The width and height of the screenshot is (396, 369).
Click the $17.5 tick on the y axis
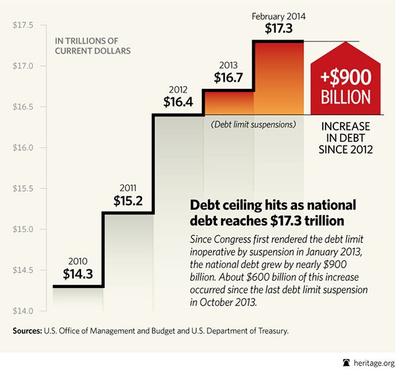click(x=23, y=25)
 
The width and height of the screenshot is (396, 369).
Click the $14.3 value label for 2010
click(x=77, y=273)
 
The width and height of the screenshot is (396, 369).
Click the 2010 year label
click(x=77, y=259)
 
